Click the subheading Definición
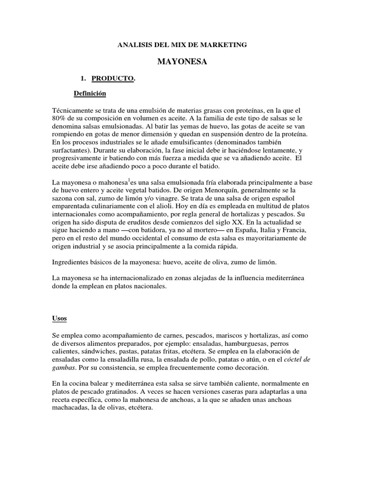point(90,93)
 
